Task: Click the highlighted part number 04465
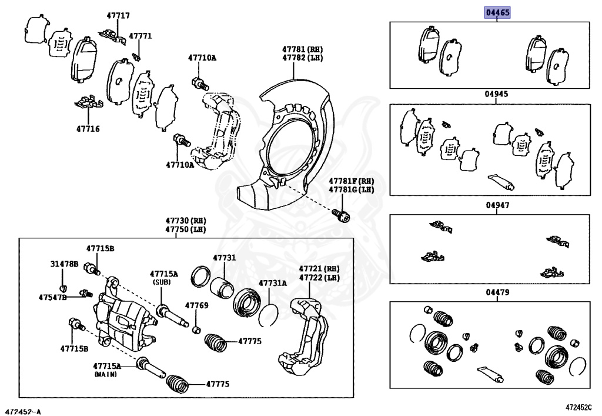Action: tap(497, 12)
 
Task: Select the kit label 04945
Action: tap(497, 94)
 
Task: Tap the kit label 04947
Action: tap(497, 205)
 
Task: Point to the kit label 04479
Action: tap(497, 292)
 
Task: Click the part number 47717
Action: tap(118, 16)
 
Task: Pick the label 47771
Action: tap(140, 36)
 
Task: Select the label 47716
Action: tap(88, 128)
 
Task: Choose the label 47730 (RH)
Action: tap(185, 219)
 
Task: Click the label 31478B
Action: tap(63, 264)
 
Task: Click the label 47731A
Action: tap(273, 283)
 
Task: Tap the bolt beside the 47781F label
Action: tap(340, 215)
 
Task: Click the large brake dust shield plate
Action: tap(294, 141)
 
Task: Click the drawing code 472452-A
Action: tap(24, 410)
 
